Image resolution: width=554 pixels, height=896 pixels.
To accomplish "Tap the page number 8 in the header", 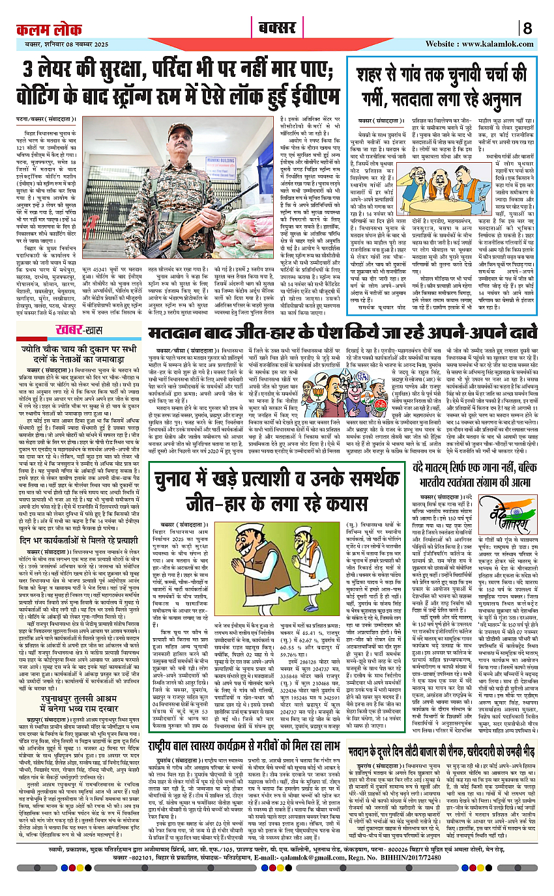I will pos(527,29).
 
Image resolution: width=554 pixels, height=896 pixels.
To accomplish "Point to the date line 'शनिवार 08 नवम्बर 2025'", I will pos(78,44).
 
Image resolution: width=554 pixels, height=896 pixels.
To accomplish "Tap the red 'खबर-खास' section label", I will pos(77,328).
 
